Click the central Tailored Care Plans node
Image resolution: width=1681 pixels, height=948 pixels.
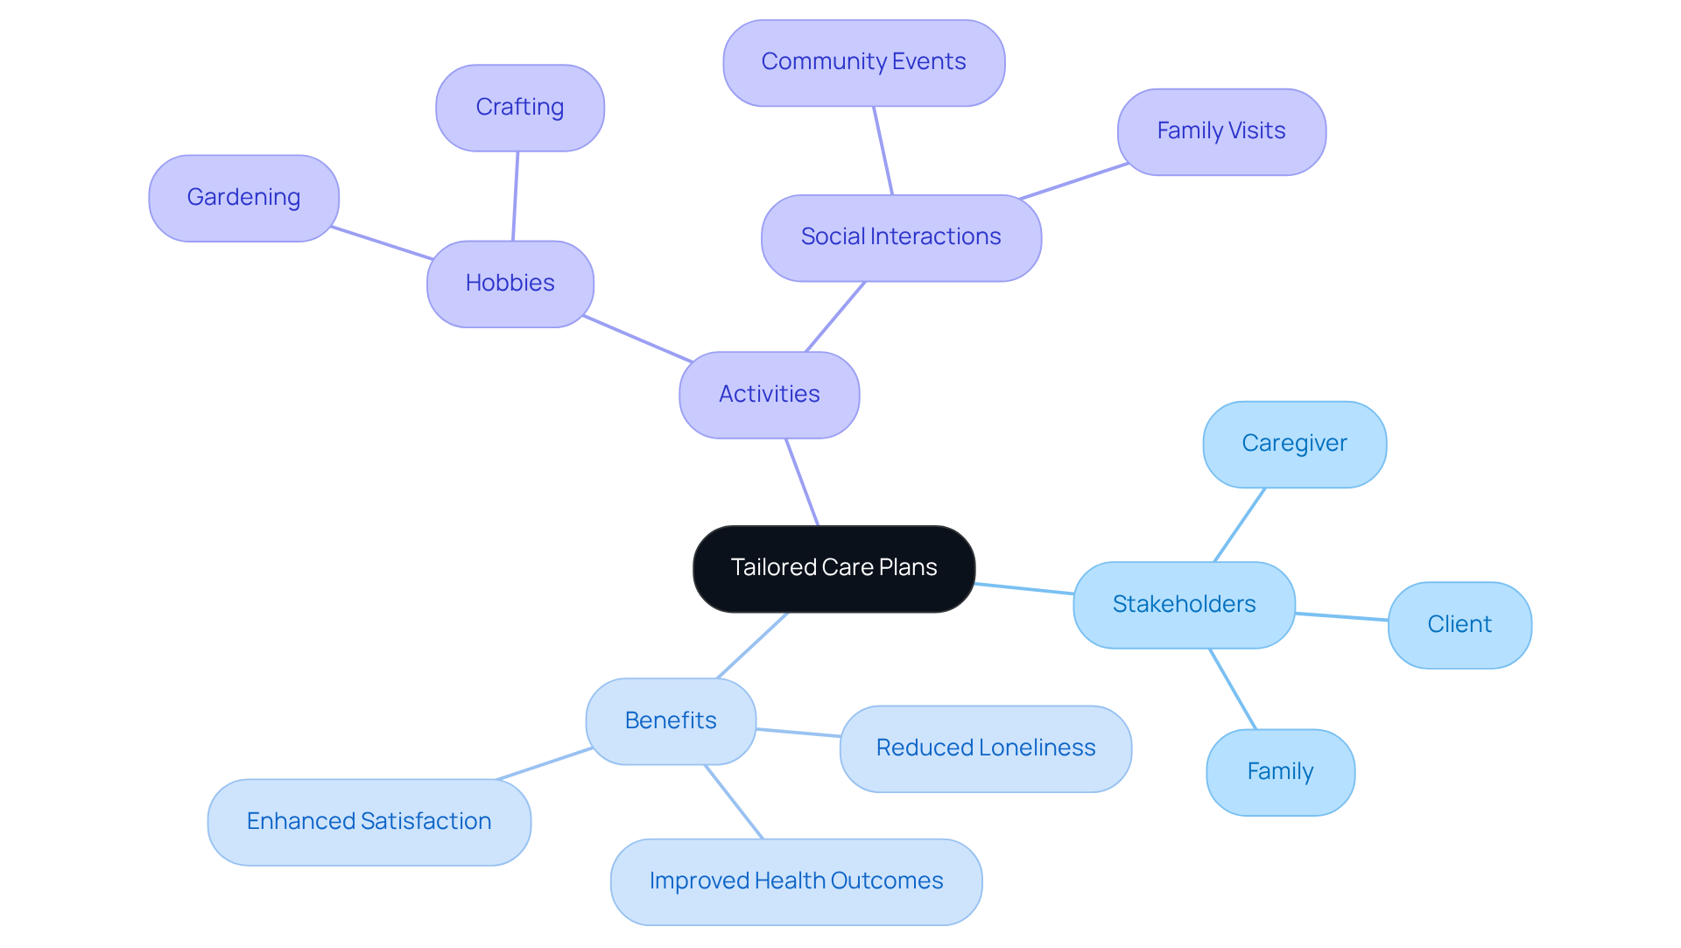point(833,568)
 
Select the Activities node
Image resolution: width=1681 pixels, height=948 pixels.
point(769,395)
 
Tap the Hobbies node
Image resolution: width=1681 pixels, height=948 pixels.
point(510,284)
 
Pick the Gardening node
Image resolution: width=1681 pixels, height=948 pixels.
point(243,198)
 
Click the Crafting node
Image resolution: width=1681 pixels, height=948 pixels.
point(519,108)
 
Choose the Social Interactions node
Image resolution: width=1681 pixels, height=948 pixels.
point(900,237)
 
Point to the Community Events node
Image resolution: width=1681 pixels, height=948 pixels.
point(863,62)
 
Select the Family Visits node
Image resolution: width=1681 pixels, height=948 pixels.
point(1220,131)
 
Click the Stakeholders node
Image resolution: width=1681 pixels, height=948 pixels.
point(1184,605)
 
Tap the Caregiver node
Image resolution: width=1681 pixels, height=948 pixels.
point(1294,444)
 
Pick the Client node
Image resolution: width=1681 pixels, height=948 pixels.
point(1459,625)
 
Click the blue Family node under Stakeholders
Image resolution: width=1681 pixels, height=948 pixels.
point(1280,772)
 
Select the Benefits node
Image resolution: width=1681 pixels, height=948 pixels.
point(671,721)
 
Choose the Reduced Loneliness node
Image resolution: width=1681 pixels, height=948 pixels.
point(985,748)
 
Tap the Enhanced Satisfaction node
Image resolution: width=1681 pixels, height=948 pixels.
point(369,822)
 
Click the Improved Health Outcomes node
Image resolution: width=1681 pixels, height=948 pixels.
point(796,881)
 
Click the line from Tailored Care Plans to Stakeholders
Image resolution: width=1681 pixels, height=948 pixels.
point(1024,588)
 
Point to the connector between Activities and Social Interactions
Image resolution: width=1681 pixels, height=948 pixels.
point(835,317)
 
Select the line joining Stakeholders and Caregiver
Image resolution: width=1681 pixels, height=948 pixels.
point(1240,524)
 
